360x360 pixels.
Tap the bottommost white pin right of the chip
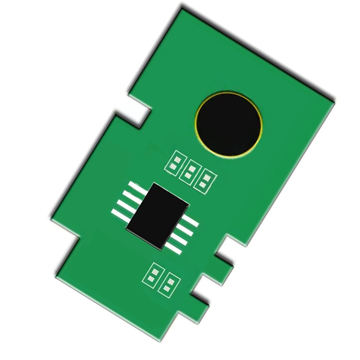pyautogui.click(x=174, y=247)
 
